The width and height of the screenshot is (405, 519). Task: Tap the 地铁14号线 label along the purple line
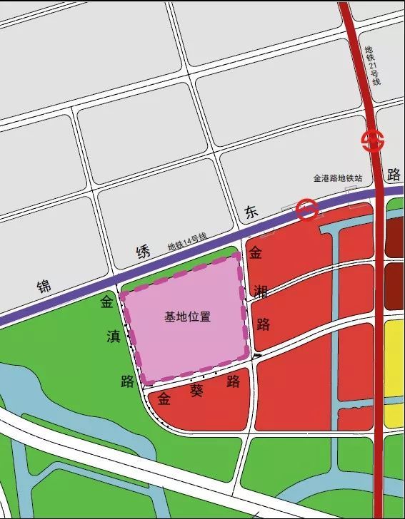(x=186, y=242)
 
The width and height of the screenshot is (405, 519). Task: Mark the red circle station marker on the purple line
(x=307, y=210)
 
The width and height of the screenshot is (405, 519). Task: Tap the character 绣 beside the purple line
(x=144, y=251)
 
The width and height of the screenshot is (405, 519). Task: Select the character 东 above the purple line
(x=251, y=212)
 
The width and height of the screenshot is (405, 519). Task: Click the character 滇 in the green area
(x=114, y=337)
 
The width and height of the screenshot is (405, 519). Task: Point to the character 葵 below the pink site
(x=197, y=390)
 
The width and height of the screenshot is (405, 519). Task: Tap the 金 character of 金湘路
(x=256, y=253)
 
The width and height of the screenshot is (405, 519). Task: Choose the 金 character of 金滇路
(x=106, y=303)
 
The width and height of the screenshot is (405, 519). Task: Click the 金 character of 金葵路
(x=165, y=397)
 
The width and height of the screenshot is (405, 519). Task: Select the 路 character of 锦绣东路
(x=393, y=175)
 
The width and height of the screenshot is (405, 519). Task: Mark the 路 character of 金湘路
(x=264, y=324)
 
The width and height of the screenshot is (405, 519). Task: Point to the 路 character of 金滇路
(x=128, y=381)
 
